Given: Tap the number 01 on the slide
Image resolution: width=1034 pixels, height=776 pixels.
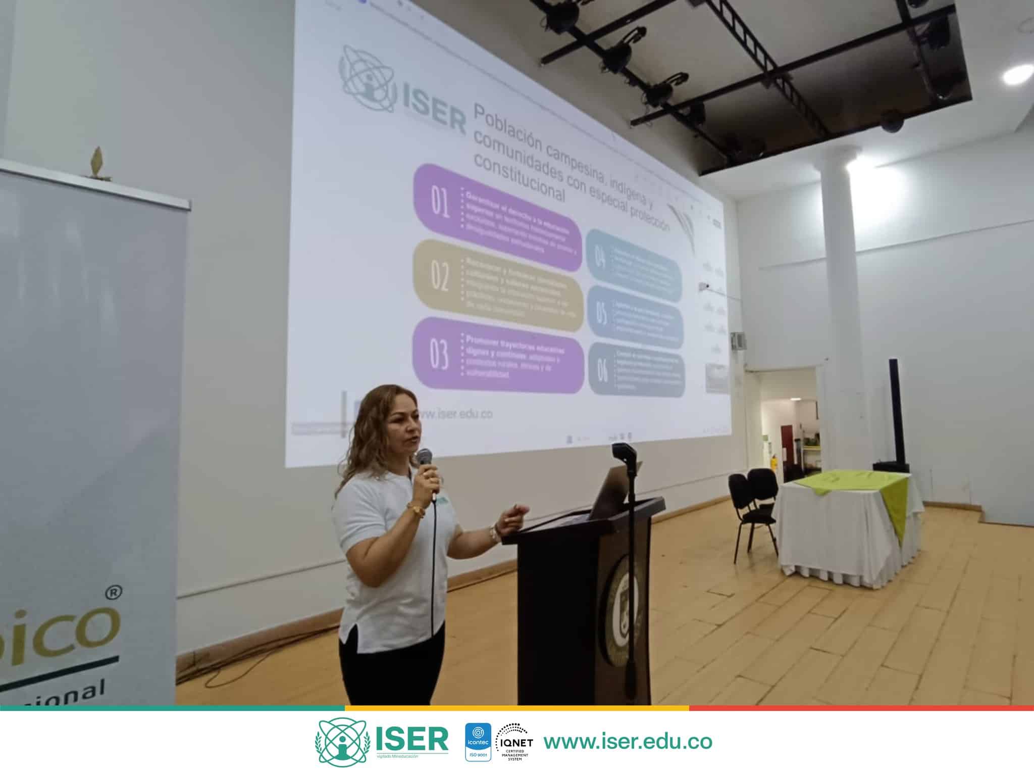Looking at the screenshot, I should [x=440, y=204].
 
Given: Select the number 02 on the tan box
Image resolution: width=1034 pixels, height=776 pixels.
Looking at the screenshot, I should [x=439, y=277].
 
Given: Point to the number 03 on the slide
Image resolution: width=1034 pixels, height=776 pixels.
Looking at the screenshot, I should [x=439, y=354].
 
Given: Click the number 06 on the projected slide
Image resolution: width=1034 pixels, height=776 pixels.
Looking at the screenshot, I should [x=602, y=371].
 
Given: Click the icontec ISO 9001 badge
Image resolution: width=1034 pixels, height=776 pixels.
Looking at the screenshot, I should [x=477, y=742].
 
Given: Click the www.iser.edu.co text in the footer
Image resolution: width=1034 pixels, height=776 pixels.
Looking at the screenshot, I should [x=628, y=741].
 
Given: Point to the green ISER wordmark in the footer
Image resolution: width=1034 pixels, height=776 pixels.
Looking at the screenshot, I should [x=411, y=739].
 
